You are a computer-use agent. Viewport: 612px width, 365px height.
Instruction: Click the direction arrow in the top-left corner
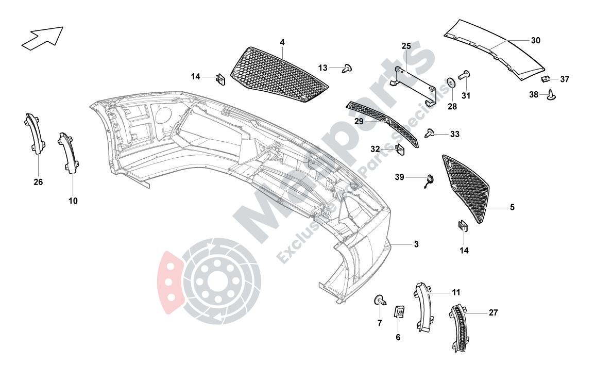tap(42, 39)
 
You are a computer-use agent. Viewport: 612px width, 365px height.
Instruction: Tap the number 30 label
tap(535, 40)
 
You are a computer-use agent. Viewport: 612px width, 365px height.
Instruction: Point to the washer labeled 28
tap(451, 82)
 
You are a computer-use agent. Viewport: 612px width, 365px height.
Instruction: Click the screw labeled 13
tap(348, 68)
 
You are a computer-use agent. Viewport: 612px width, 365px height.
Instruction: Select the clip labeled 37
tap(546, 79)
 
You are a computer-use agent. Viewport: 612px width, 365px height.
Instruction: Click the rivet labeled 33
tap(429, 134)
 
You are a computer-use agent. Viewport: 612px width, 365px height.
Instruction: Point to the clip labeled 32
tap(400, 149)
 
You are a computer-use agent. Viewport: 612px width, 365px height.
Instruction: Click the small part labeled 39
tap(428, 180)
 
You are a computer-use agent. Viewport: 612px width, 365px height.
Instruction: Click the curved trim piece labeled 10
tap(69, 153)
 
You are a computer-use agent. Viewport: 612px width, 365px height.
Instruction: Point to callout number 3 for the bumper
tap(416, 244)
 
